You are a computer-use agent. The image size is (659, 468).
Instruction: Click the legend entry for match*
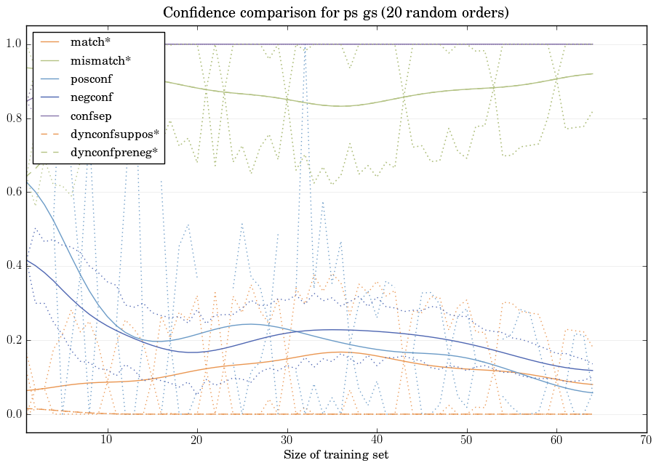[89, 42]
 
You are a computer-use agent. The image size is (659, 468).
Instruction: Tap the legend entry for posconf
[92, 78]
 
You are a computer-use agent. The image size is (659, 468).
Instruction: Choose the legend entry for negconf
[92, 97]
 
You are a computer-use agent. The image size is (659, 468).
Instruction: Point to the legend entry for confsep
[91, 116]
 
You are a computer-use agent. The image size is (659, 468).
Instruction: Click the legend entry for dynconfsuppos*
[114, 134]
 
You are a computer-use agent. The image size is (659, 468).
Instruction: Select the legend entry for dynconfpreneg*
[114, 152]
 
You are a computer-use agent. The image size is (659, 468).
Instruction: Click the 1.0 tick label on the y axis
[13, 44]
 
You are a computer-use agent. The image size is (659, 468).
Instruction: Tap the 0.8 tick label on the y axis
[13, 118]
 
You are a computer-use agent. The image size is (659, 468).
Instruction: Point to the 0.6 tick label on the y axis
[13, 193]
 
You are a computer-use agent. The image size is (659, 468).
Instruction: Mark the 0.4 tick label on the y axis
[13, 267]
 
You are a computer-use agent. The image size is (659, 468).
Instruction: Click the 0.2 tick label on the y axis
[13, 340]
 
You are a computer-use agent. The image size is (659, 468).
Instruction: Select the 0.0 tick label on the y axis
[13, 414]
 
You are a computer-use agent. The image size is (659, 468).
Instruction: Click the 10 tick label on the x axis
[107, 440]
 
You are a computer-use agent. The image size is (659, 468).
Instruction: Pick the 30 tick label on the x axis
[287, 440]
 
